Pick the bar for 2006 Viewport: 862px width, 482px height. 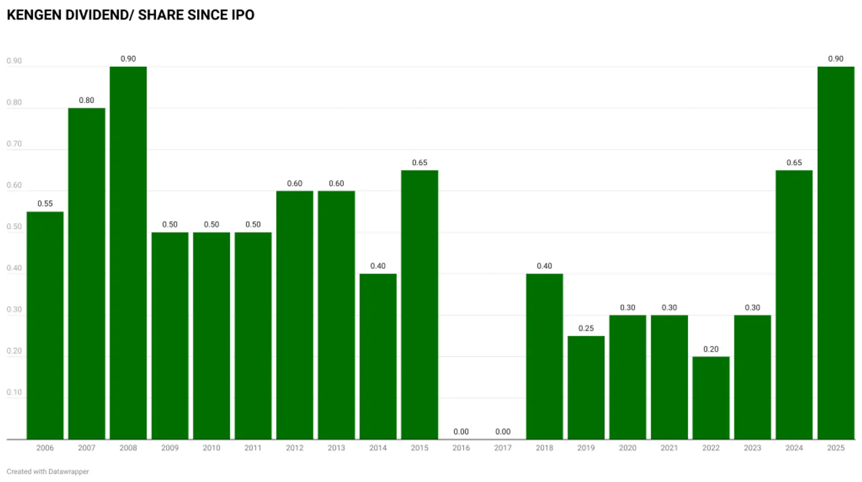45,325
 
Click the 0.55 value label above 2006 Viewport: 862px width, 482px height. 45,204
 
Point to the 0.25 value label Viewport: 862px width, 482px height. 586,329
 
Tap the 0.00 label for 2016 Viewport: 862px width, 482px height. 461,432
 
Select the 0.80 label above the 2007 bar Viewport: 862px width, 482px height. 87,101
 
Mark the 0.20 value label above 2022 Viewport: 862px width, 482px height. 711,349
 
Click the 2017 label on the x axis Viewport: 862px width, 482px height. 503,448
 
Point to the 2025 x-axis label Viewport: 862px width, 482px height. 836,448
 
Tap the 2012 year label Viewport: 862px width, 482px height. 295,448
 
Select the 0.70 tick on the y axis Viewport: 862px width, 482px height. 14,144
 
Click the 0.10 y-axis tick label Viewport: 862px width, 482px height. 14,392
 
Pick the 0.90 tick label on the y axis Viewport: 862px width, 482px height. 14,61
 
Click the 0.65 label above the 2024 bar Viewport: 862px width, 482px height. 794,163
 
